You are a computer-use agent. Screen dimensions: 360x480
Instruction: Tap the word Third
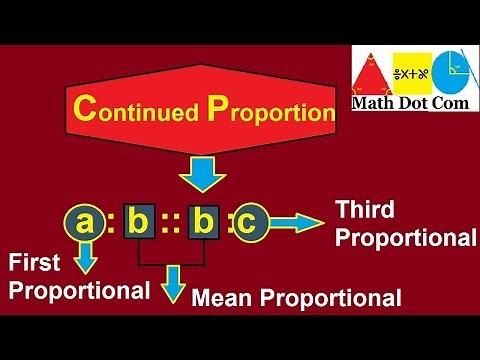coord(366,210)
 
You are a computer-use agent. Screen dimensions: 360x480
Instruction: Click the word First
coord(34,263)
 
